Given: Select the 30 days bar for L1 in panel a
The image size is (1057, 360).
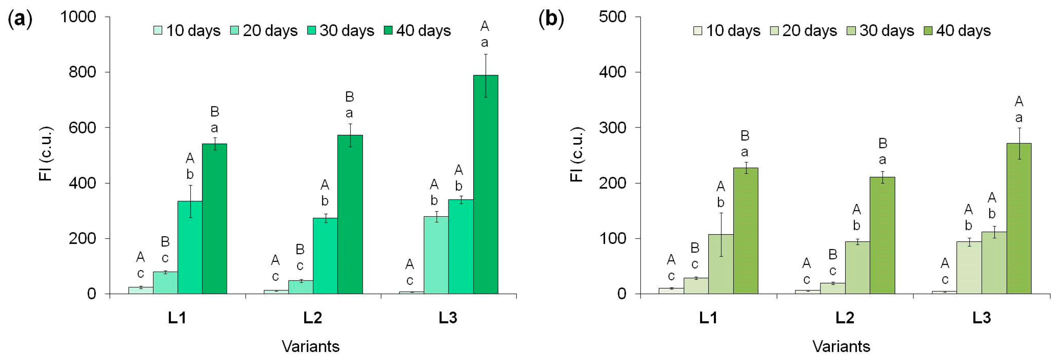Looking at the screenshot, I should (x=190, y=247).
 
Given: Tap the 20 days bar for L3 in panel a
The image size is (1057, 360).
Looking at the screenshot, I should (x=436, y=255).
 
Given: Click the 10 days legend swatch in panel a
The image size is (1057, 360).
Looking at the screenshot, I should (x=158, y=30).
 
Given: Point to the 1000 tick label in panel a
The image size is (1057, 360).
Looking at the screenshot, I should (x=78, y=17).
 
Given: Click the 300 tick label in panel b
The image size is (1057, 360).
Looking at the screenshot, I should (x=613, y=128).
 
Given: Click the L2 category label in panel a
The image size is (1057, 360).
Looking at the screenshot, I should (x=313, y=318).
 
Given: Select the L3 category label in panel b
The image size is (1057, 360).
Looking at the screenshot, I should (x=981, y=318).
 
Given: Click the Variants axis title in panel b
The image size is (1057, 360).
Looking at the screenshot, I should (x=841, y=346).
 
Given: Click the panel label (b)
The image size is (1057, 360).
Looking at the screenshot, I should (x=551, y=19).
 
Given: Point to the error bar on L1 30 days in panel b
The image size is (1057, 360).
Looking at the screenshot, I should (x=721, y=235).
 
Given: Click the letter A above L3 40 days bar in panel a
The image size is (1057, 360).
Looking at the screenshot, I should (x=485, y=26).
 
